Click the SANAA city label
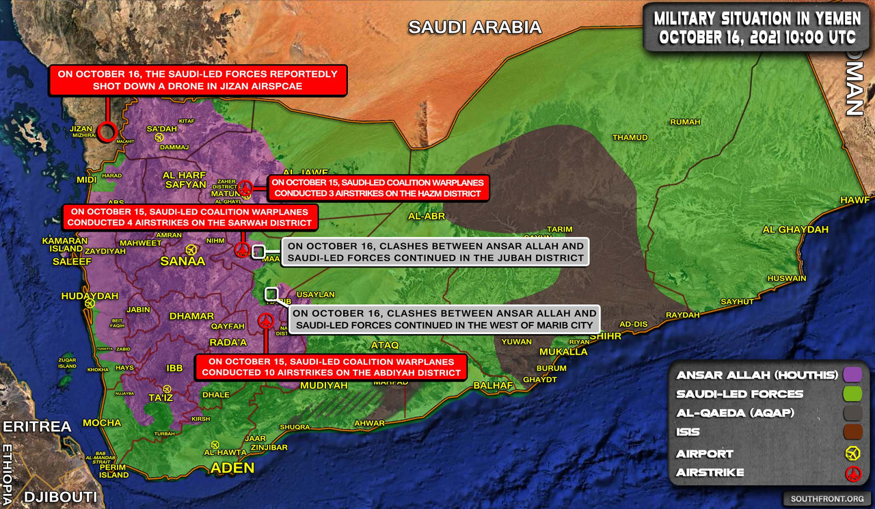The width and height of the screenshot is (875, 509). [x=183, y=262]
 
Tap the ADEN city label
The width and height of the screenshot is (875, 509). [x=232, y=468]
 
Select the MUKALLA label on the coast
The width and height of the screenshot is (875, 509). [x=563, y=352]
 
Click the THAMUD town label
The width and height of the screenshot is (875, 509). [x=630, y=137]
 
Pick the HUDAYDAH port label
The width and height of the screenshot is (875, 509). [x=90, y=296]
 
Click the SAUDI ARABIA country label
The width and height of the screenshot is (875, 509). [x=474, y=27]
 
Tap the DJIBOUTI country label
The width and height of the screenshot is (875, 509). [x=59, y=497]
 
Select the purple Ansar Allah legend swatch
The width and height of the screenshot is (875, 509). [x=852, y=374]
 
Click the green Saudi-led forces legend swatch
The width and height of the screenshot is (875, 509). [x=852, y=394]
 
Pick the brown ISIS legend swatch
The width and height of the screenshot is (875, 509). [x=852, y=432]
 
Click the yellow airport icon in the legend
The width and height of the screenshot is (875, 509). [x=852, y=453]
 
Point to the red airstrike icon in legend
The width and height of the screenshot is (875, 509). [x=852, y=473]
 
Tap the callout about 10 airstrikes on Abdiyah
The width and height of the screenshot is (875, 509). [x=331, y=368]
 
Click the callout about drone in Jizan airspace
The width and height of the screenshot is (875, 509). [x=198, y=80]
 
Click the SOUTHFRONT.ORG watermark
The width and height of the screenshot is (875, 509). [x=826, y=499]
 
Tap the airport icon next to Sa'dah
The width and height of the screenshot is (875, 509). [x=159, y=137]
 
